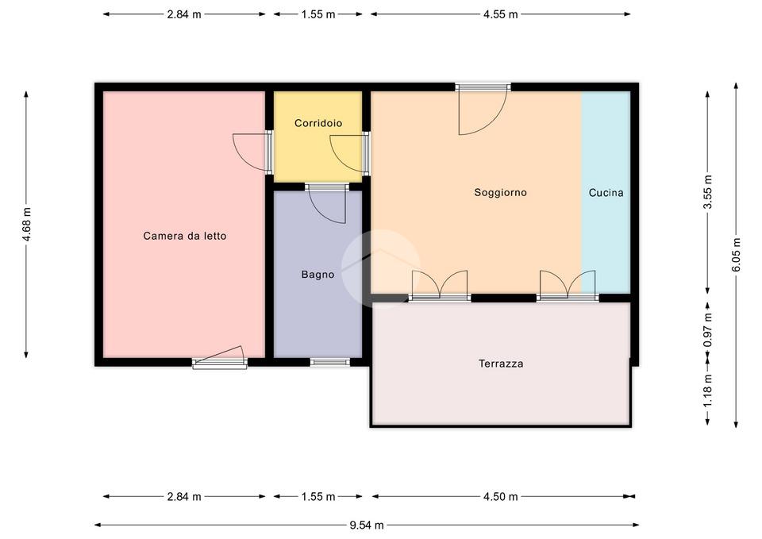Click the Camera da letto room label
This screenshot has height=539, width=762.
pos(185,236)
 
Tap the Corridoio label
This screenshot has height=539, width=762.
pos(318,123)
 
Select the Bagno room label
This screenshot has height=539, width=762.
pos(317,275)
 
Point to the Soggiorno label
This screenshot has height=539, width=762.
pos(501,192)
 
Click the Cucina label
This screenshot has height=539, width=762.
pos(606,193)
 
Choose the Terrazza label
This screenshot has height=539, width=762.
pos(501,364)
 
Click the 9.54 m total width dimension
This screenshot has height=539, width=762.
pos(367,525)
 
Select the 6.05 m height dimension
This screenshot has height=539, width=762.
pos(737,255)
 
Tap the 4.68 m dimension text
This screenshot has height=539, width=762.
pos(26,224)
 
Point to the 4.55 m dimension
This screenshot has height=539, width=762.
pos(501,14)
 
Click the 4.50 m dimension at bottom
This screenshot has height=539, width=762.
pos(501,497)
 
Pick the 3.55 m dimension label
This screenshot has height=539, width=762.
pos(707,192)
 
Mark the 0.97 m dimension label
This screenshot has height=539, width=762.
pos(707,330)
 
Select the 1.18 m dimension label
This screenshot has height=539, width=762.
pos(707,391)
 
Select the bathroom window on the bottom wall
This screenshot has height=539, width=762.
pos(330,362)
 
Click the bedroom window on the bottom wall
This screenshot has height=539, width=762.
pos(220,360)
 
